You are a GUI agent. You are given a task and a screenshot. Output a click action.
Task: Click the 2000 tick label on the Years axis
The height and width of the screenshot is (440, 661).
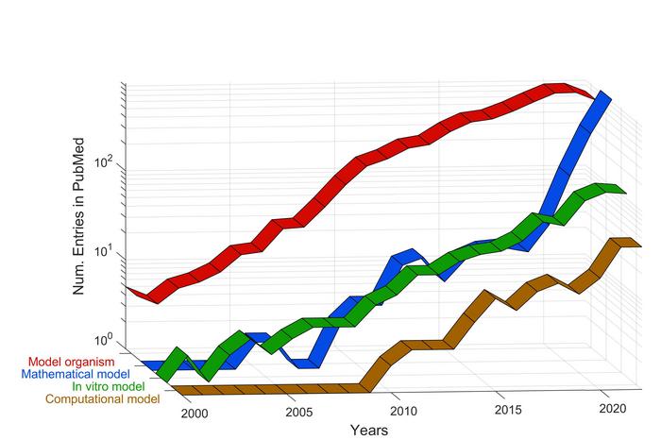[x=194, y=414]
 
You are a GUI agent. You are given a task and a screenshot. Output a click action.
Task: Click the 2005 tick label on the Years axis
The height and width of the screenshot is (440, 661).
[x=298, y=413]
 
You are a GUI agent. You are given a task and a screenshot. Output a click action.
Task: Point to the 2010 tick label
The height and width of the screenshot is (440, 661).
[x=403, y=412]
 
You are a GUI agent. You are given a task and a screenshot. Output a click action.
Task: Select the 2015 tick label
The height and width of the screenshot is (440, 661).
[x=508, y=411]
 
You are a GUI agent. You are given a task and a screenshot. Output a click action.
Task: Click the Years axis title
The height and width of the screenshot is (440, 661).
[x=368, y=431]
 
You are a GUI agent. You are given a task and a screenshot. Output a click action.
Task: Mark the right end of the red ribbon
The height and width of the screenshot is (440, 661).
[x=593, y=95]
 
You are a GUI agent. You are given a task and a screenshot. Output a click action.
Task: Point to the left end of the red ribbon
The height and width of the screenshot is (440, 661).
[x=127, y=287]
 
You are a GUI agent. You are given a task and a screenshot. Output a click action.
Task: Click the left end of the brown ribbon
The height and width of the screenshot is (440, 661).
[x=173, y=390]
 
